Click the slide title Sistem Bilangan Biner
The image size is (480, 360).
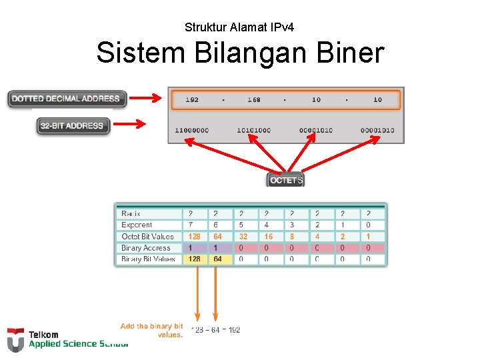240,53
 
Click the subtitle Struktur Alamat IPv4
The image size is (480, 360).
239,27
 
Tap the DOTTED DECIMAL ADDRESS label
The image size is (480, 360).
66,99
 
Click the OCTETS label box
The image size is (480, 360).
286,180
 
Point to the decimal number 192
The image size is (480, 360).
191,100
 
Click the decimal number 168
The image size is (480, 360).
254,100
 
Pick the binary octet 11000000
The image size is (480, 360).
191,130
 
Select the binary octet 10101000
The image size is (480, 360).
254,130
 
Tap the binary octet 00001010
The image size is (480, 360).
316,130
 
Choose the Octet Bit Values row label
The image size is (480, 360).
147,237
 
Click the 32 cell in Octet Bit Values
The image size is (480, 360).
243,237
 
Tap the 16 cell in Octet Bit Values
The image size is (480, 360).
268,237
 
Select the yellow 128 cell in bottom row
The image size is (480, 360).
195,259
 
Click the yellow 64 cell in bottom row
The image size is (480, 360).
217,259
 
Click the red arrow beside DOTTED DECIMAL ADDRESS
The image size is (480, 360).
145,99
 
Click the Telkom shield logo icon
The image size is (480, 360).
15,339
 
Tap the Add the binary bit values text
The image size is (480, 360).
152,330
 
